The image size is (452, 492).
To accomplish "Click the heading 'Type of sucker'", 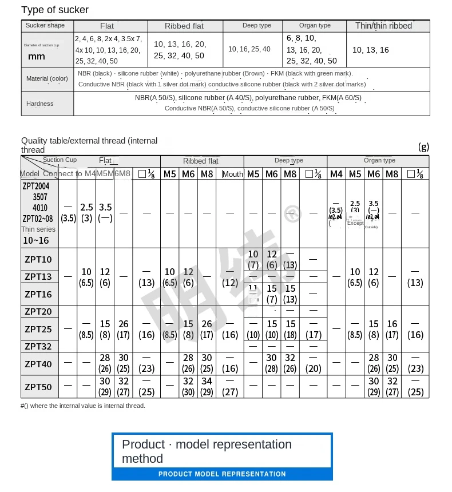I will [55, 10].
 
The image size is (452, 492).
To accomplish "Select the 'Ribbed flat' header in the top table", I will [185, 26].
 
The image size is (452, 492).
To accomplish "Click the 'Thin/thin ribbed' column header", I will [383, 26].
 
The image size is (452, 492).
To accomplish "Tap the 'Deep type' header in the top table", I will [257, 26].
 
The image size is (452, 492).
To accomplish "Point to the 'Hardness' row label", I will [39, 104].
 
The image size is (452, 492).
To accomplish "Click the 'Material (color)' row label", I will [47, 78].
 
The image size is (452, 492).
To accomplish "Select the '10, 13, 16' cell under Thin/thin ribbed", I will [370, 50].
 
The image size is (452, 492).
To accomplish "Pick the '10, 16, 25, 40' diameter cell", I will [249, 49].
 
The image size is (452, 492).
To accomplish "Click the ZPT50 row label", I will [38, 387].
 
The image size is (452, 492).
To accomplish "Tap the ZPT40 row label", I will [38, 364].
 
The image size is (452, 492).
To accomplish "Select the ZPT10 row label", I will [38, 260].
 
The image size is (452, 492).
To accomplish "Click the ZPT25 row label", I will [38, 329].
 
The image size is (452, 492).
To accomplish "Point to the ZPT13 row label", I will [38, 277].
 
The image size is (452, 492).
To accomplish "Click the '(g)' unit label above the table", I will [423, 146].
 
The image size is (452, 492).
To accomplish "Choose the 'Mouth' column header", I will [233, 174].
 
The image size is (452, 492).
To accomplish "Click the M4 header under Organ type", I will [336, 174].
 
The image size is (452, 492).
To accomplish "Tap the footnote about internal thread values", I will [83, 406].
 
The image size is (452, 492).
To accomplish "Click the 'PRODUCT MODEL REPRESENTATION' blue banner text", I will [222, 474].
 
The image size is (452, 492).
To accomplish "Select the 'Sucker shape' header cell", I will [46, 25].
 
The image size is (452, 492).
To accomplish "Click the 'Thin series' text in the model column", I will [38, 229].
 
